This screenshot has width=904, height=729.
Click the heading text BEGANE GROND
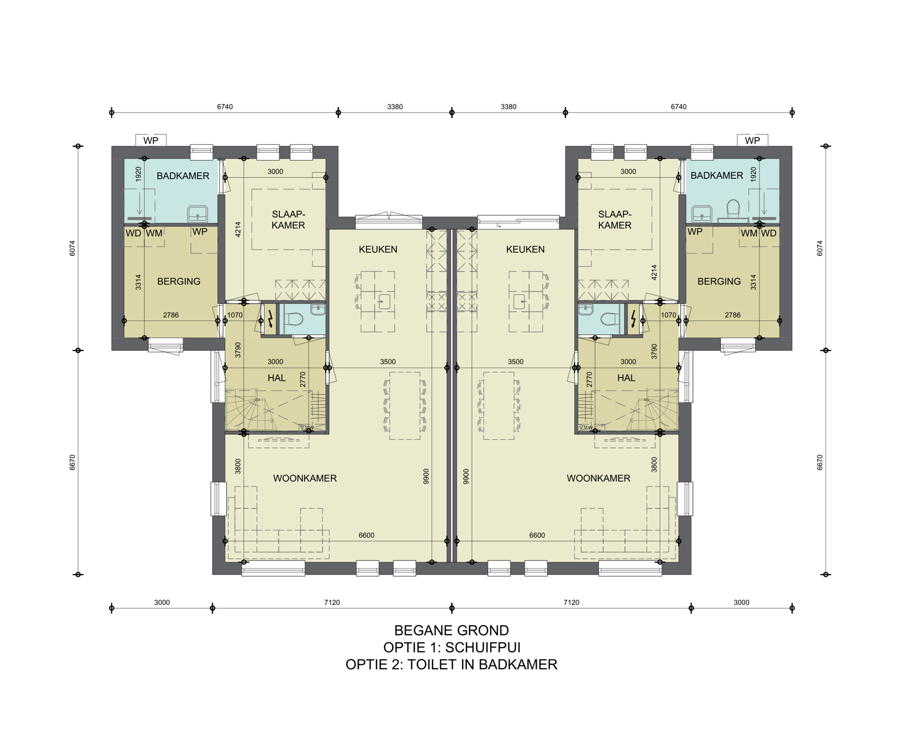[x=451, y=630]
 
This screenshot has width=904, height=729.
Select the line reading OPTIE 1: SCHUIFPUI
[x=451, y=647]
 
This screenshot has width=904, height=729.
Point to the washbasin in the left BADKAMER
[x=197, y=214]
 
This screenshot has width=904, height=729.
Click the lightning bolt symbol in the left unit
[x=271, y=319]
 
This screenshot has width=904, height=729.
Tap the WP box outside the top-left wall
[x=151, y=140]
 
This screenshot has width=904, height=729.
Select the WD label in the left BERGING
[x=134, y=233]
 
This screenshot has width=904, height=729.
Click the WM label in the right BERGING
[x=749, y=233]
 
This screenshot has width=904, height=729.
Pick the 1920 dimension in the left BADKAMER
[x=138, y=174]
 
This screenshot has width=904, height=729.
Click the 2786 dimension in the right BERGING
[x=732, y=315]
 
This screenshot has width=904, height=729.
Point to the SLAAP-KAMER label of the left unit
[x=288, y=220]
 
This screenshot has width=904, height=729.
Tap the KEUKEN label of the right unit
[x=525, y=249]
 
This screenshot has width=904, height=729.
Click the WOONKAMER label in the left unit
[x=305, y=478]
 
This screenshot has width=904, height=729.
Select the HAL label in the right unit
[x=626, y=378]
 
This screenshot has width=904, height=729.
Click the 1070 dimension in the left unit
[x=235, y=315]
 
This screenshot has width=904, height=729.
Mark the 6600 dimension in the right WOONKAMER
[x=537, y=535]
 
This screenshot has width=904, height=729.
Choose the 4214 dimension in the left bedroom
[x=238, y=229]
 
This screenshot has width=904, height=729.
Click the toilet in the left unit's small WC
[x=293, y=319]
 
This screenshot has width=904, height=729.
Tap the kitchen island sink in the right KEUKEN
[x=520, y=302]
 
